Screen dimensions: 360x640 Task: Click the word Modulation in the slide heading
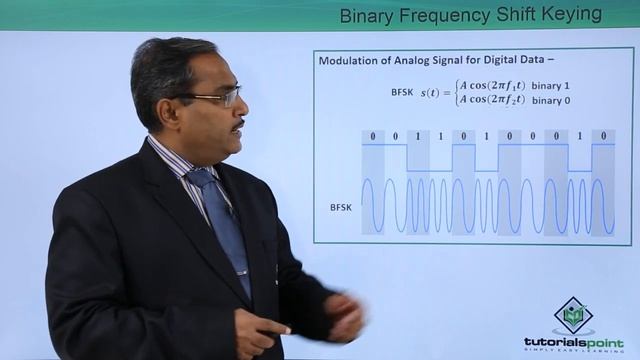tap(351, 61)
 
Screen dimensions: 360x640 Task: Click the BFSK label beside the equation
tap(404, 91)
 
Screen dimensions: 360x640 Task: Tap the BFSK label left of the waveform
tap(343, 208)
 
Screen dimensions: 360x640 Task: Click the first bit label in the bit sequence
tap(373, 136)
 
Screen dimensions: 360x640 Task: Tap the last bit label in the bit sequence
tap(603, 136)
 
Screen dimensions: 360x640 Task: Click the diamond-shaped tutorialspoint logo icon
tap(573, 315)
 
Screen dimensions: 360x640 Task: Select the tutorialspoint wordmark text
tap(573, 342)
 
